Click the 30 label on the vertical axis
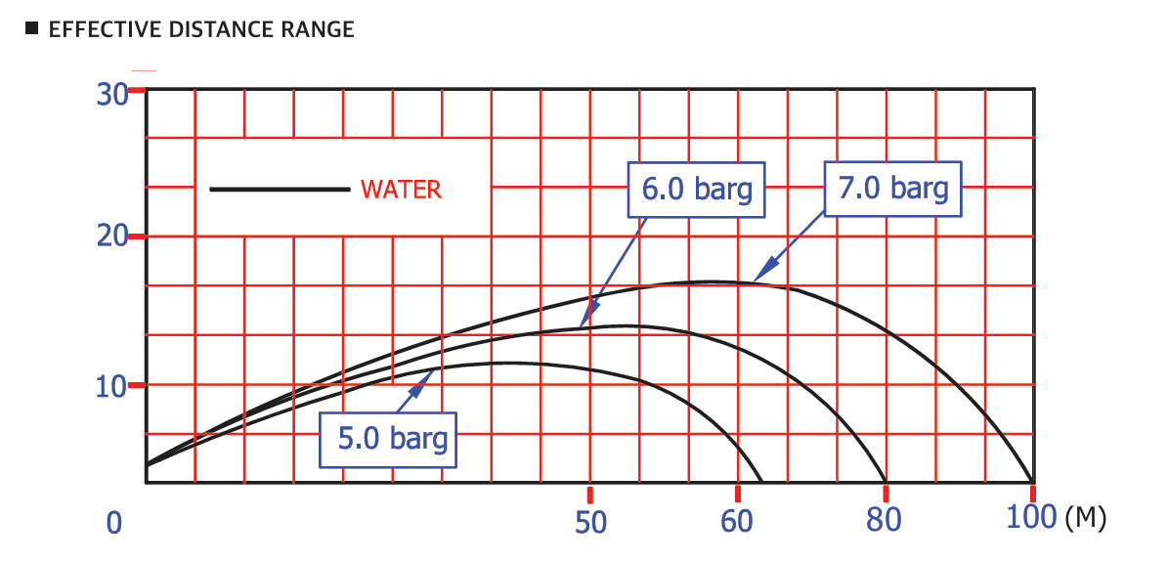pos(112,94)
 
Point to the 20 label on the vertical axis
pos(112,237)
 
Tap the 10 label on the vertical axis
pos(112,386)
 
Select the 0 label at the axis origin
pos(114,524)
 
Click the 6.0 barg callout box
pos(696,189)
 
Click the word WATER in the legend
pos(401,190)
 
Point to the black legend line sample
pos(280,190)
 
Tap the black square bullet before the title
pos(31,29)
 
